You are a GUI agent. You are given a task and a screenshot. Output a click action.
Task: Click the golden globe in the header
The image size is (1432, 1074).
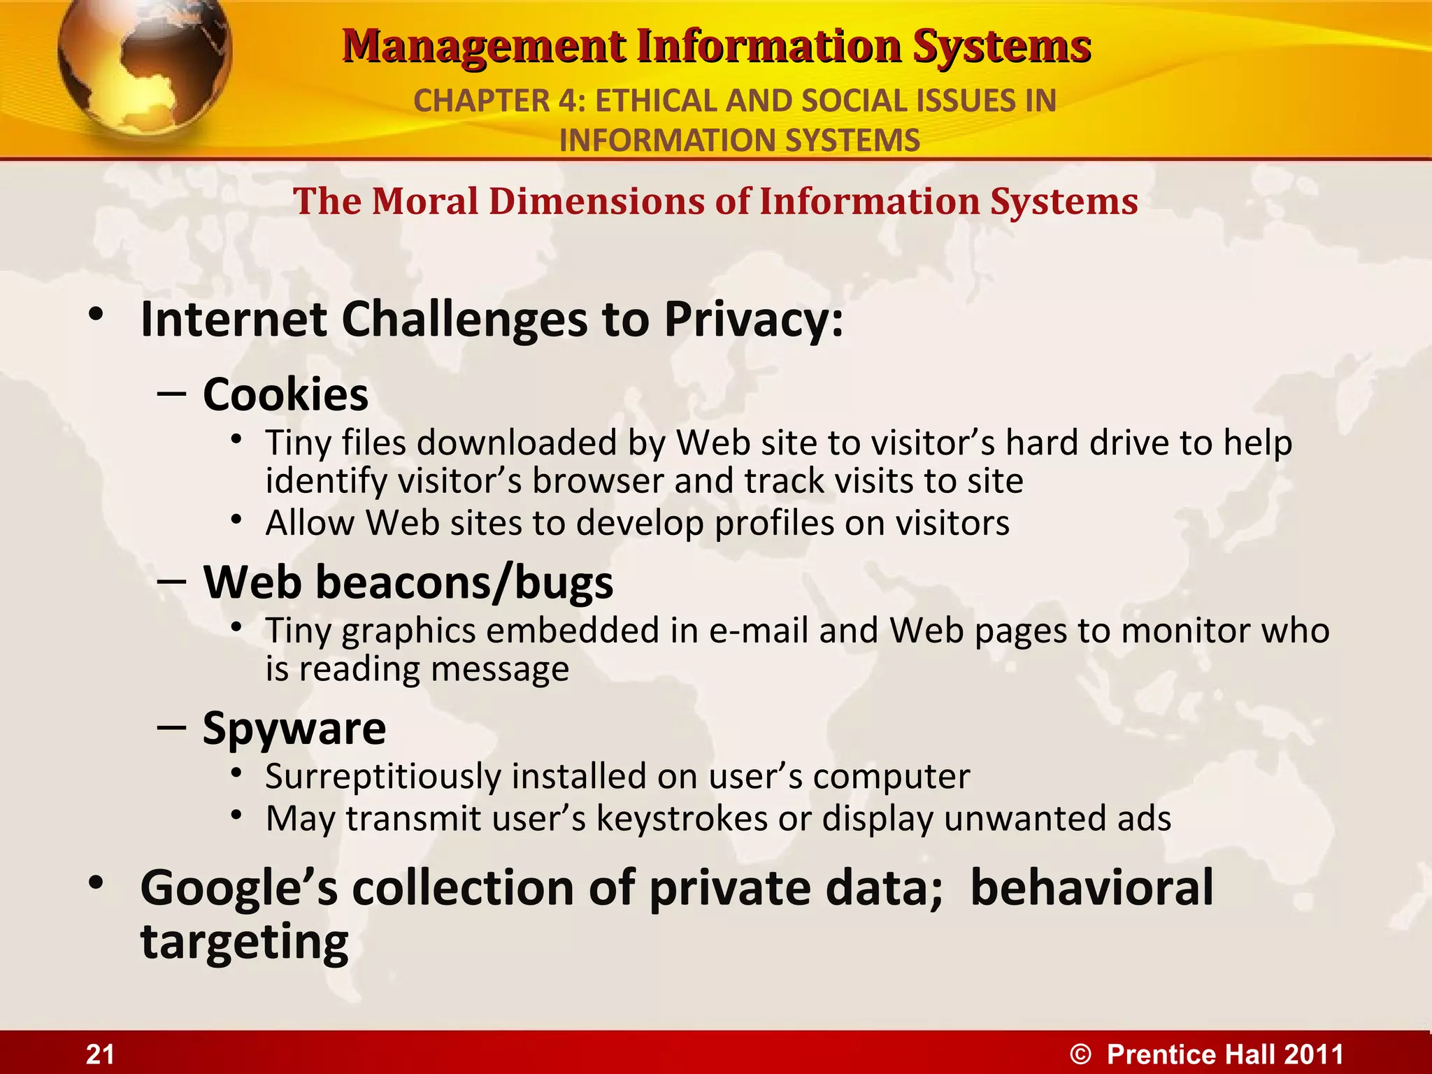click(143, 63)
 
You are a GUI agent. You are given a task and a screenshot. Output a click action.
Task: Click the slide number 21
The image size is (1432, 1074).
click(100, 1054)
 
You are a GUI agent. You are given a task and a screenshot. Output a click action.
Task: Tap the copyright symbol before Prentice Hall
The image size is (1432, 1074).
click(1080, 1054)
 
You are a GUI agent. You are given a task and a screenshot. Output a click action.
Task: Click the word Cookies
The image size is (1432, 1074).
click(285, 395)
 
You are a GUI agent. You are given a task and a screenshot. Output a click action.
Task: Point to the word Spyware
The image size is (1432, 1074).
click(294, 729)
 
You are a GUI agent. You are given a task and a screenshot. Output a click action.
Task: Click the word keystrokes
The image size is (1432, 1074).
click(682, 819)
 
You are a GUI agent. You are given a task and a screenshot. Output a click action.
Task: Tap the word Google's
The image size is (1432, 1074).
click(238, 888)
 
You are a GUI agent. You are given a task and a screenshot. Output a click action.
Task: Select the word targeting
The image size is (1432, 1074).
click(244, 943)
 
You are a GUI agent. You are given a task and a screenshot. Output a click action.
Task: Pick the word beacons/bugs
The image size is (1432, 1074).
click(464, 582)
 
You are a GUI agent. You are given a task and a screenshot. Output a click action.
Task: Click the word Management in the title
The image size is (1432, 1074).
click(483, 46)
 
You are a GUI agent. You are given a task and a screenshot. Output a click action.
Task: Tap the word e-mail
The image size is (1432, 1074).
click(759, 631)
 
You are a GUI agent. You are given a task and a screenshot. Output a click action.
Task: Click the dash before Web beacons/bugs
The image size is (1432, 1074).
click(172, 581)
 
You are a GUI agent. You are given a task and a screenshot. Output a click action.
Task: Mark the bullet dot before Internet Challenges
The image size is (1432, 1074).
click(96, 315)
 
